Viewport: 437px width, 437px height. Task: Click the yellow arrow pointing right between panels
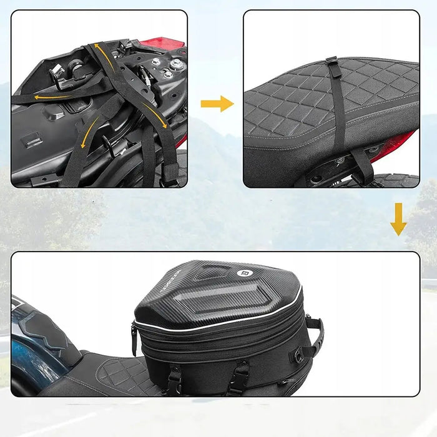coord(217,104)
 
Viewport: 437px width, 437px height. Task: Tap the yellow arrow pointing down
coord(398,219)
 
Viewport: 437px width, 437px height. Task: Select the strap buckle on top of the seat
coord(331,63)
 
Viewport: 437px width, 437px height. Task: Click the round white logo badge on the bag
coord(244,274)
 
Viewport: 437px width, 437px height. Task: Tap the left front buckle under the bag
coord(174,378)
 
